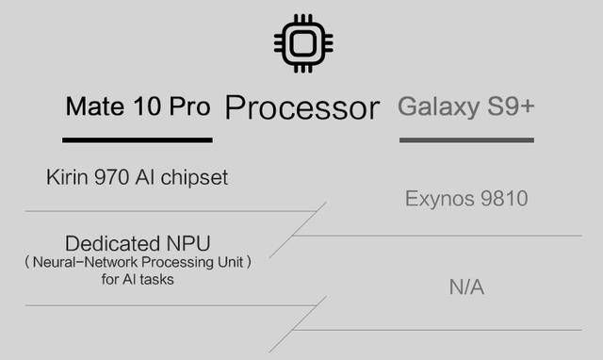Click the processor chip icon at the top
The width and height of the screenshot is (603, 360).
click(303, 42)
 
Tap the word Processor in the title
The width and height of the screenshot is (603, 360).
click(301, 107)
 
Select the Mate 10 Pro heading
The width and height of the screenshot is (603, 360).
click(138, 106)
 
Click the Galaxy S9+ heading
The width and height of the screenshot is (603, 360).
click(466, 106)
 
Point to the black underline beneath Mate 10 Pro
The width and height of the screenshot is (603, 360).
click(138, 139)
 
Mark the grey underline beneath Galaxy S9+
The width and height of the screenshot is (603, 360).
click(466, 139)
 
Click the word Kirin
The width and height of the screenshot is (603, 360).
click(66, 177)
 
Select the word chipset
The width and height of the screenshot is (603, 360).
click(194, 177)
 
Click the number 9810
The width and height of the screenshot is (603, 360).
click(502, 199)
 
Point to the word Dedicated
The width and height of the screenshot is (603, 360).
click(109, 242)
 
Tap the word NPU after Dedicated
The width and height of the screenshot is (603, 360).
click(185, 242)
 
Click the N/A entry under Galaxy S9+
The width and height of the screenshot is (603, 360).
click(466, 286)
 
